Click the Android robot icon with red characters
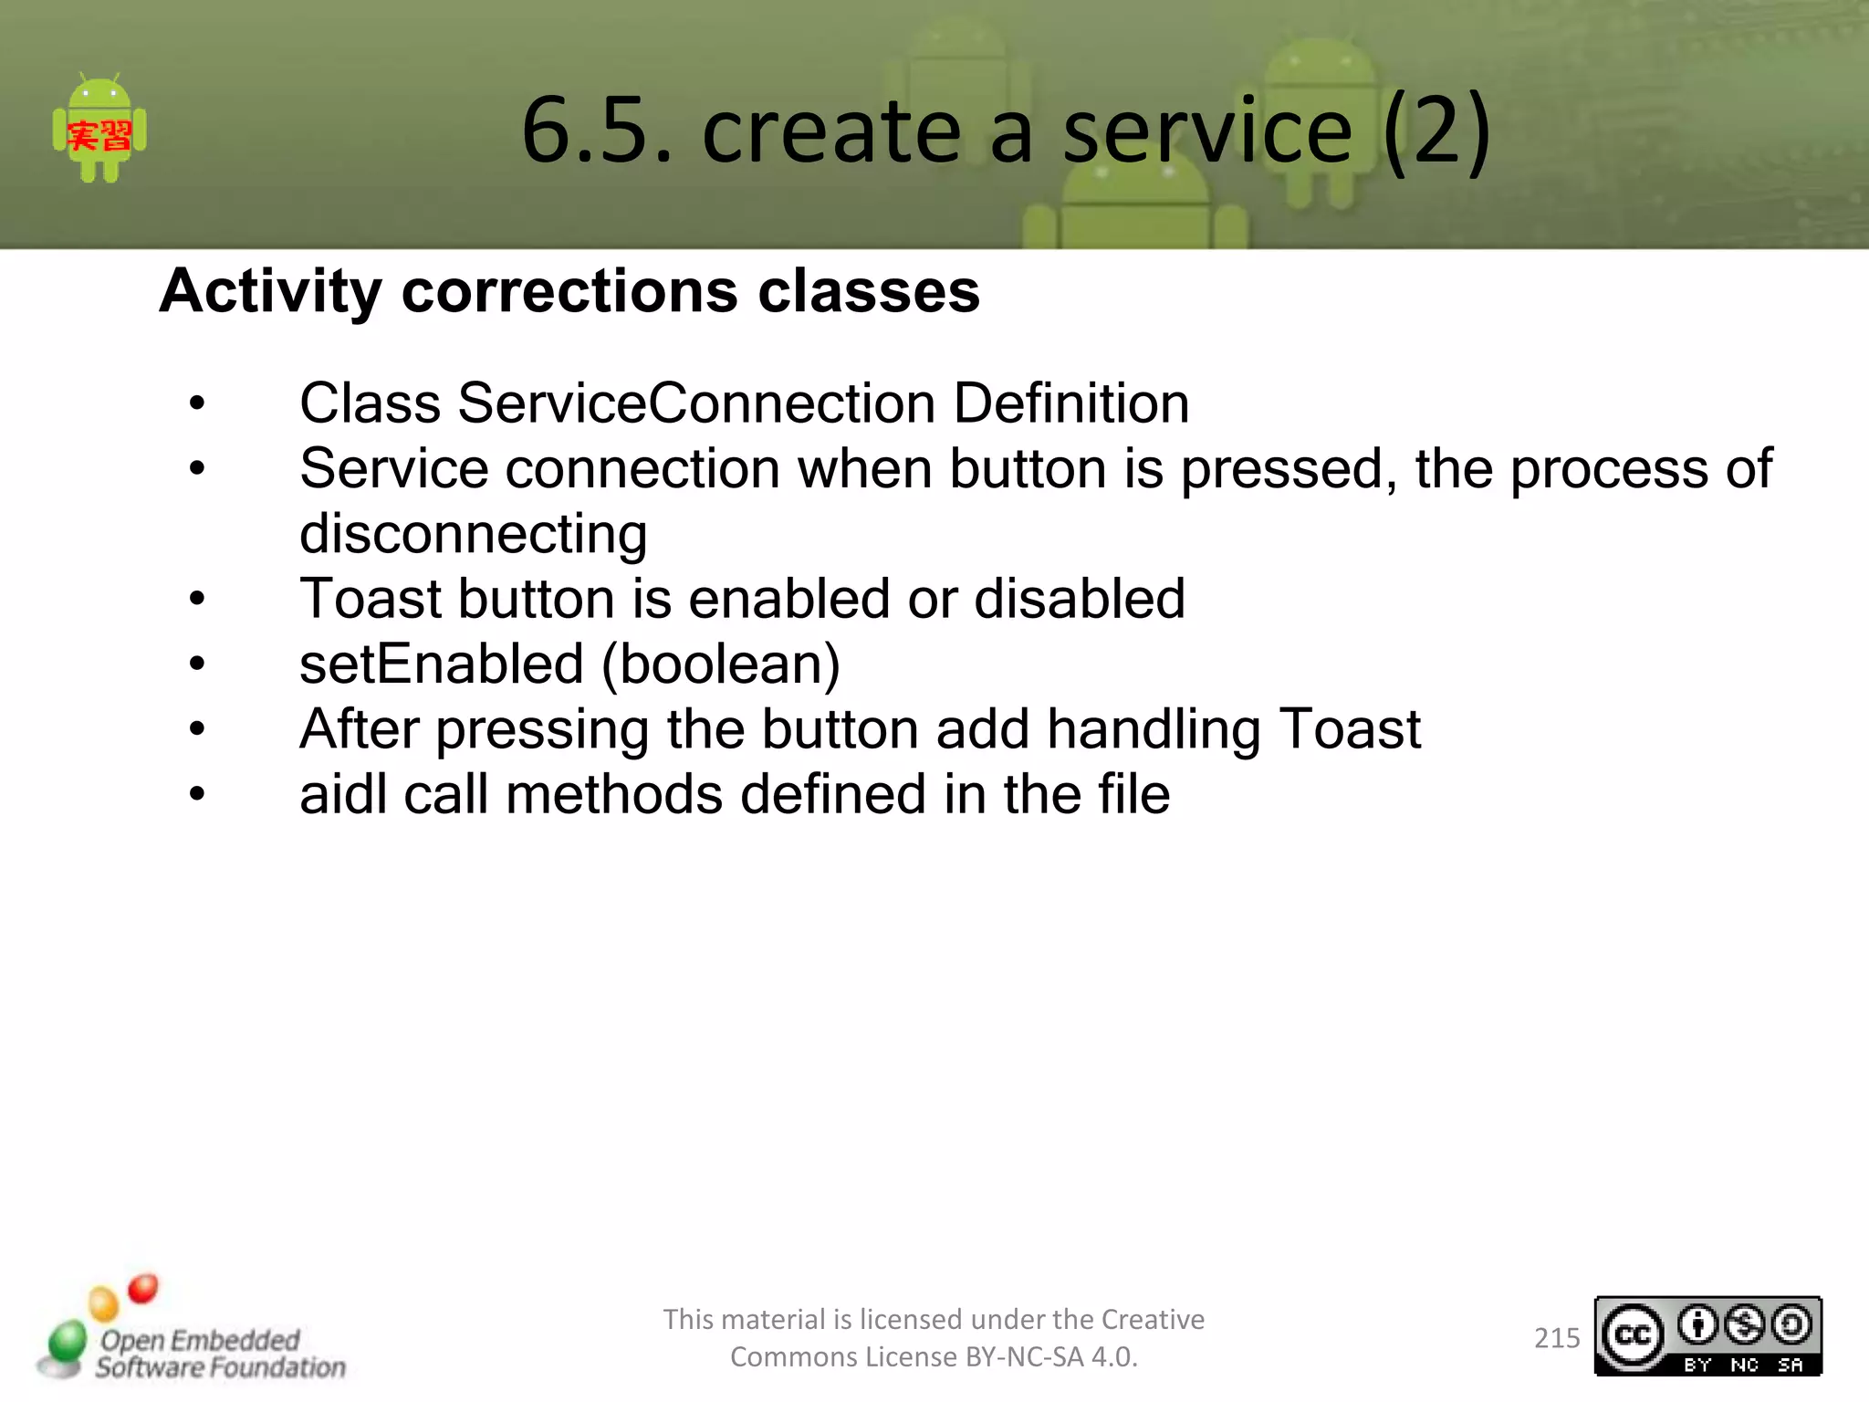tap(99, 130)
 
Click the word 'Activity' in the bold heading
tap(270, 292)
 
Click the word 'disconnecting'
tap(473, 534)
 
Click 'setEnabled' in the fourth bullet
tap(441, 664)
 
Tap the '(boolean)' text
tap(720, 664)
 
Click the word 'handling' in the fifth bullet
tap(1154, 729)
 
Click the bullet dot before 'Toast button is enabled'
tap(197, 600)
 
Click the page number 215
tap(1556, 1338)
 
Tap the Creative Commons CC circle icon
tap(1633, 1335)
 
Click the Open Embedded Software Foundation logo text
tap(219, 1354)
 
